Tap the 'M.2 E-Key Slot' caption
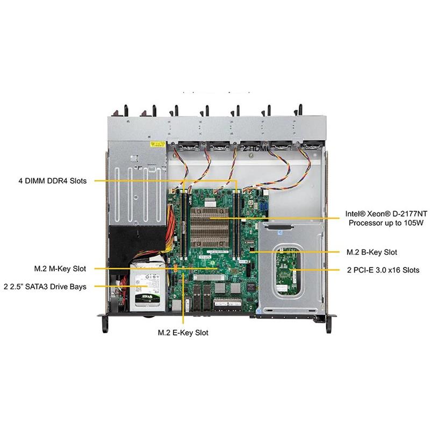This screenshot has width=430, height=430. pos(183,333)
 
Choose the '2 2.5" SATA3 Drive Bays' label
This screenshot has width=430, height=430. pos(44,286)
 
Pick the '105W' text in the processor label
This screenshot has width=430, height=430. pos(408,222)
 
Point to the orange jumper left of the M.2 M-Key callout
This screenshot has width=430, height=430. pos(176,267)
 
